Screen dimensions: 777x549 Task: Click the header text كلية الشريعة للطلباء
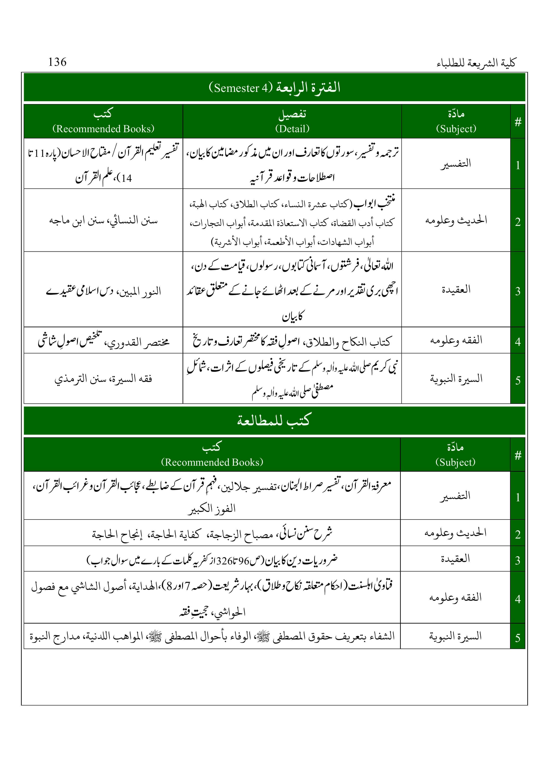click(x=476, y=63)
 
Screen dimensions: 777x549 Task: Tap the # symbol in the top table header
click(x=518, y=122)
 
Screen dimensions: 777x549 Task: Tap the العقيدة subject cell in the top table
click(x=456, y=289)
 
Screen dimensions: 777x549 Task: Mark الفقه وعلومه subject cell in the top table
click(x=456, y=340)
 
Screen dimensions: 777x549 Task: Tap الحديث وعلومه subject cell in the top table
click(x=456, y=221)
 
